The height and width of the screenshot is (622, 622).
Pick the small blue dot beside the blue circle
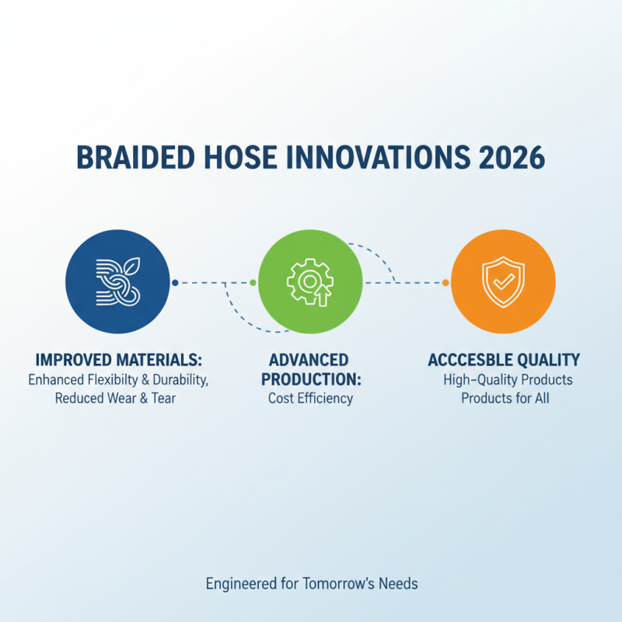pyautogui.click(x=176, y=282)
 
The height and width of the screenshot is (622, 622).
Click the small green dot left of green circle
pyautogui.click(x=253, y=282)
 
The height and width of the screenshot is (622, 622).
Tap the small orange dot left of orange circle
pyautogui.click(x=446, y=282)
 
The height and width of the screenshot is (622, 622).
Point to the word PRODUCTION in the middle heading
pyautogui.click(x=310, y=379)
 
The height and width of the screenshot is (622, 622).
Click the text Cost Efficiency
pyautogui.click(x=310, y=399)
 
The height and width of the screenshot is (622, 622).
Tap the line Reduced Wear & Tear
pyautogui.click(x=117, y=399)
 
